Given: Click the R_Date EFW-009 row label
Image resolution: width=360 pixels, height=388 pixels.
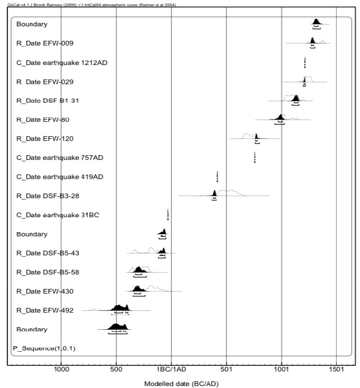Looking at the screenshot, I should (48, 44).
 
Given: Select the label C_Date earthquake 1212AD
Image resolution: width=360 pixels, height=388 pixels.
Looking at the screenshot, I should (62, 62).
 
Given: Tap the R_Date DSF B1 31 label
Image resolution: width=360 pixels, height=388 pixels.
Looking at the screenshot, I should (49, 101).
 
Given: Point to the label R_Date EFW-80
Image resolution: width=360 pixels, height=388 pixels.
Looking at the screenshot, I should (43, 120).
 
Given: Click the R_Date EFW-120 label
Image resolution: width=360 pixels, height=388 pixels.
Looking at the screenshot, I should (45, 138).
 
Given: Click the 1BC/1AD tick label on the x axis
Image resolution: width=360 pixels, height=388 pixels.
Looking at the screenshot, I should (171, 369).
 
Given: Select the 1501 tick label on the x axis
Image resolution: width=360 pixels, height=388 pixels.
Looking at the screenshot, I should (336, 369).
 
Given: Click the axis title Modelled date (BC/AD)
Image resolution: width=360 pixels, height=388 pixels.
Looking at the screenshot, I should (181, 383).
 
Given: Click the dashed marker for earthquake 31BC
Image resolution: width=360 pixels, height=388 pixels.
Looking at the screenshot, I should (168, 215).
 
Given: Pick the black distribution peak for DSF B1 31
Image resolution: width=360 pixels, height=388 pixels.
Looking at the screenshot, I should (296, 99).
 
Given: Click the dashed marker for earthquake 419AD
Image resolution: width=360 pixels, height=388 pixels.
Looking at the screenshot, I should (217, 176).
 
